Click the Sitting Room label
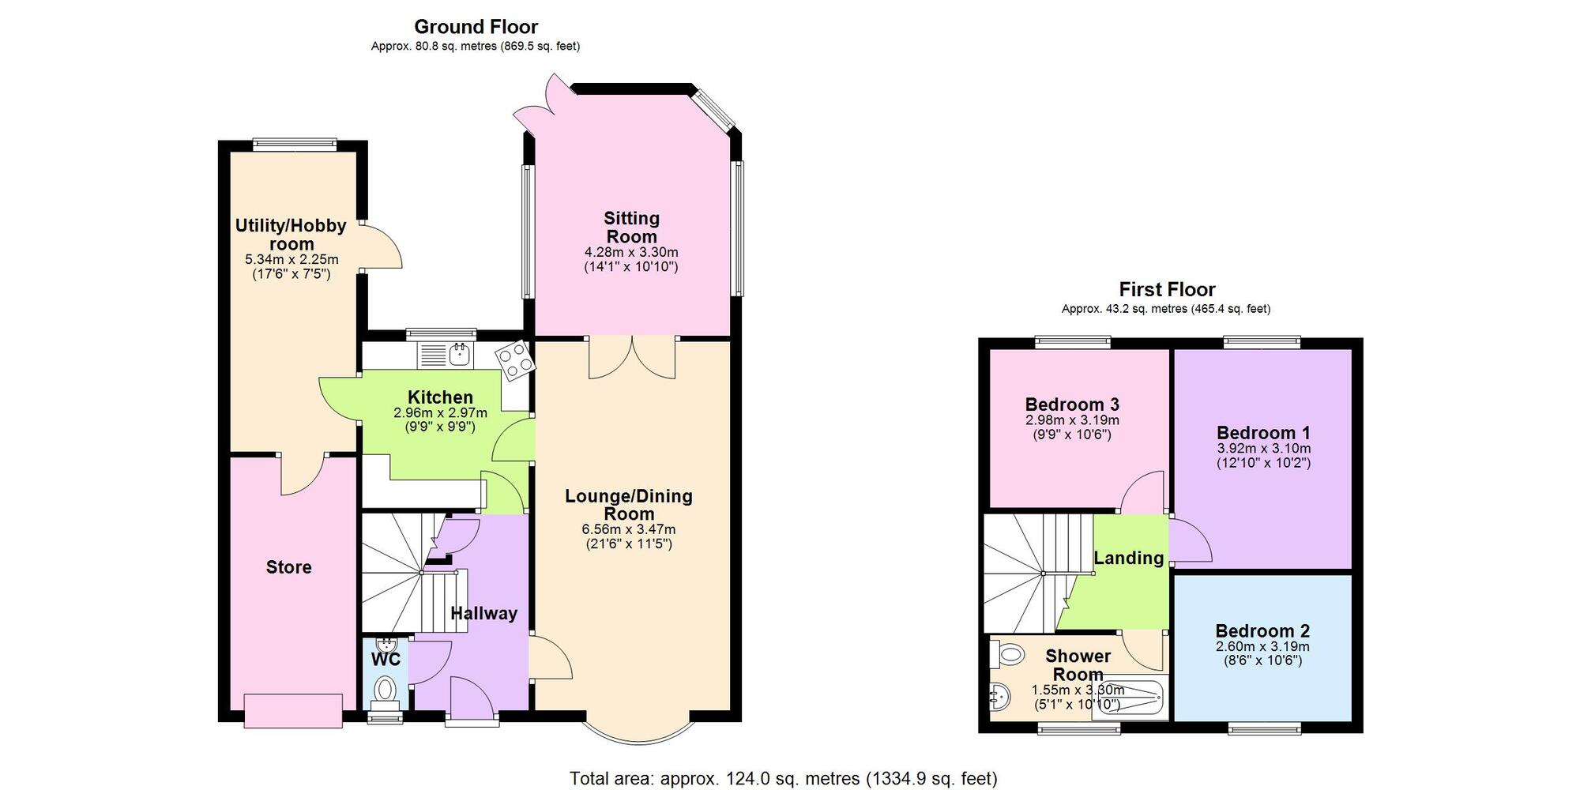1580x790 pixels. [x=631, y=228]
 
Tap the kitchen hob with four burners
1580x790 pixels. [x=515, y=361]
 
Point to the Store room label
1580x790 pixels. [x=288, y=567]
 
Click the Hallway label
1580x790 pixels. [x=483, y=613]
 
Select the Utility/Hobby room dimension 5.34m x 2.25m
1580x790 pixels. [x=292, y=259]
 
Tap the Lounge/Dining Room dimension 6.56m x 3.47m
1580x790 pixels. [x=629, y=529]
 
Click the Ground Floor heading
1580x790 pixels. [x=476, y=27]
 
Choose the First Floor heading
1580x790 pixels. [x=1167, y=290]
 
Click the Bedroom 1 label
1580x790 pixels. [x=1263, y=433]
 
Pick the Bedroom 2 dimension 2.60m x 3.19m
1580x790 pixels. [x=1262, y=646]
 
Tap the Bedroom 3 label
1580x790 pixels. [x=1072, y=405]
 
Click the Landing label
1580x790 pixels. [x=1129, y=558]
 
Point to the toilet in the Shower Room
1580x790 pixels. [x=1008, y=653]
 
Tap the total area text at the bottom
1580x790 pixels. [x=783, y=779]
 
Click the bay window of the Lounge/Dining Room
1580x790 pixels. [x=638, y=732]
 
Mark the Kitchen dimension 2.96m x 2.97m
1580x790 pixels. [x=440, y=413]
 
